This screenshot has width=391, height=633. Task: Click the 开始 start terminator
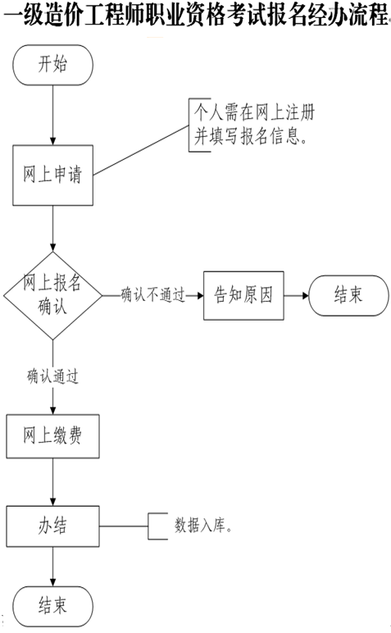(x=52, y=65)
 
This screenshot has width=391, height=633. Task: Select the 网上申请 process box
(x=52, y=175)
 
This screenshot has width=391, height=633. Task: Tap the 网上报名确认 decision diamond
(x=52, y=295)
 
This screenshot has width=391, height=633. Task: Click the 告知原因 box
(x=243, y=295)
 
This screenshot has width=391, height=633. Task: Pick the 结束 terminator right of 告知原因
(x=348, y=295)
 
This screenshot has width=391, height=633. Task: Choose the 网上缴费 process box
(x=52, y=436)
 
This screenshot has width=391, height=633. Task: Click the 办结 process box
(x=52, y=526)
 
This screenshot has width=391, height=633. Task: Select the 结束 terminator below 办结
(x=52, y=607)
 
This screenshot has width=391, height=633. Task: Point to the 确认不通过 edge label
(x=153, y=295)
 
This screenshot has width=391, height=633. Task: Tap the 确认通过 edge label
(x=52, y=376)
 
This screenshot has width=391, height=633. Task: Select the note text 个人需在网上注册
(x=254, y=112)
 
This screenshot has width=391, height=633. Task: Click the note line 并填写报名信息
(x=250, y=136)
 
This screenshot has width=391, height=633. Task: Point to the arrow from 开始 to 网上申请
(x=52, y=115)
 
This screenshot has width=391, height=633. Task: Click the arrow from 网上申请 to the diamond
(x=52, y=229)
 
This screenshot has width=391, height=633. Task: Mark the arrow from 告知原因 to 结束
(x=296, y=295)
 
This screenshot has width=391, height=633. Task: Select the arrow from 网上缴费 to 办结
(x=52, y=482)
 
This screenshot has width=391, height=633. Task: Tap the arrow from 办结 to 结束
(x=52, y=567)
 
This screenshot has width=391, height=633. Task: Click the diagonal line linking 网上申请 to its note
(x=141, y=150)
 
